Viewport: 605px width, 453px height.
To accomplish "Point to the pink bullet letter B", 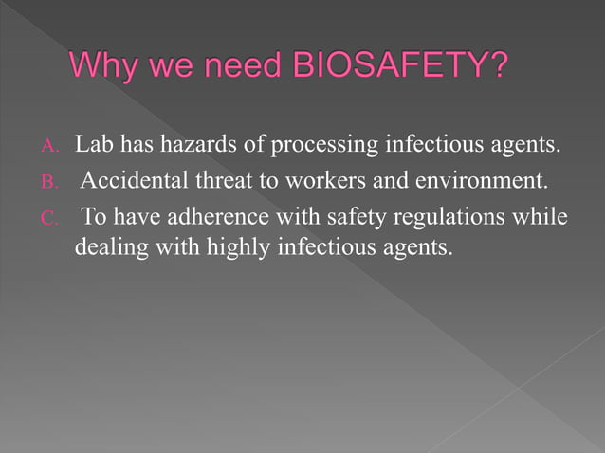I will tap(50, 183).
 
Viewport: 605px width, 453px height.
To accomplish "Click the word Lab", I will tap(94, 146).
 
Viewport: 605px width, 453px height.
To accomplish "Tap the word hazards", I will tap(211, 146).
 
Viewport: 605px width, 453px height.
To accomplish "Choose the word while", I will tap(544, 218).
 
